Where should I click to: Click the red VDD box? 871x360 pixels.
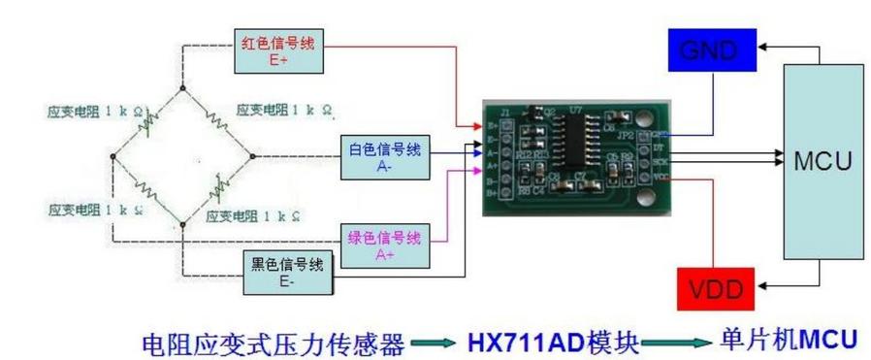pyautogui.click(x=716, y=288)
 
